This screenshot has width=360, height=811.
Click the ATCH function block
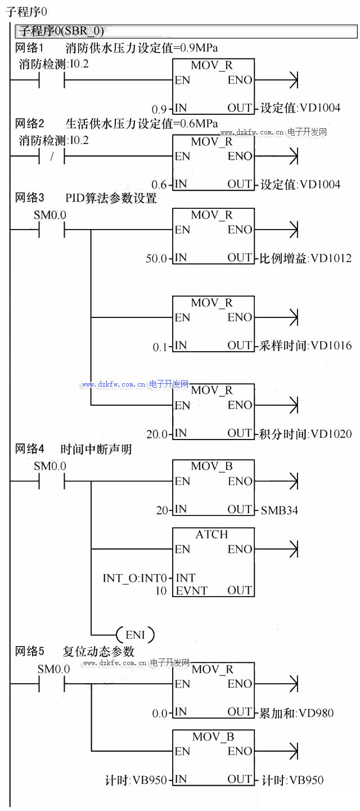click(213, 562)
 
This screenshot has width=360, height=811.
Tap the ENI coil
click(135, 635)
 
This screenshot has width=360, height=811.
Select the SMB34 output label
click(280, 510)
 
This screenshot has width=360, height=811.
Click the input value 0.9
click(159, 109)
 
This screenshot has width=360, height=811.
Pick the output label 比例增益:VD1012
click(306, 258)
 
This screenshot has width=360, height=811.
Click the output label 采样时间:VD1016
click(306, 346)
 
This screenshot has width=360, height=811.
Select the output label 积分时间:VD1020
click(306, 434)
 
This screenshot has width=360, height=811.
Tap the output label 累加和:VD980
click(297, 713)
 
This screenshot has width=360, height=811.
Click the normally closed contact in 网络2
click(52, 157)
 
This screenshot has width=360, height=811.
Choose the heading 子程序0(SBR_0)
click(62, 31)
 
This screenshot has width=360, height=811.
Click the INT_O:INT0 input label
click(135, 578)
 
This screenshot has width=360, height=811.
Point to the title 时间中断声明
click(96, 449)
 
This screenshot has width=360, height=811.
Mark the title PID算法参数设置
click(111, 198)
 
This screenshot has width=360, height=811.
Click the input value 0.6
click(159, 185)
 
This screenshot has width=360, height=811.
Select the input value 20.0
click(156, 434)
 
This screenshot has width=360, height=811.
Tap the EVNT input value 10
click(161, 590)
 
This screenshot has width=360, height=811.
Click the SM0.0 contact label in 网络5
click(53, 669)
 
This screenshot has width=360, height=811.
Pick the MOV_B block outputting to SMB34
click(213, 487)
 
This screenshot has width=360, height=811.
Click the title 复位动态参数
click(99, 652)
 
